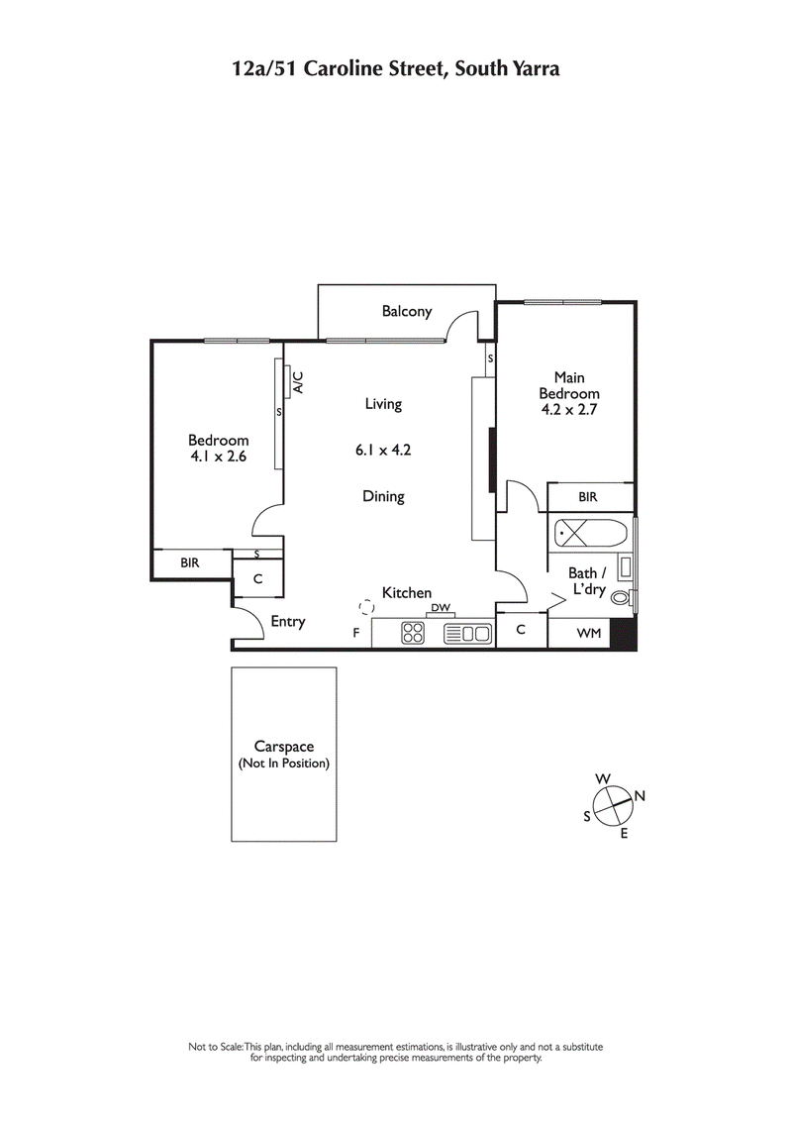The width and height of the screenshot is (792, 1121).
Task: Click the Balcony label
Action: point(407,312)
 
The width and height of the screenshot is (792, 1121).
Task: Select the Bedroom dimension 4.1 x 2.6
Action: point(219,457)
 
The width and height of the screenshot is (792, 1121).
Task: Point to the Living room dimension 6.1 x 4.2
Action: point(383,450)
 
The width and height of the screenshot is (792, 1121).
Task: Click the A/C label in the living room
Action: point(297,381)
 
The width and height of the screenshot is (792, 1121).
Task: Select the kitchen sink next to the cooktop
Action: point(468,633)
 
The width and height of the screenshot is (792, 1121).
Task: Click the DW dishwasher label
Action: point(441,608)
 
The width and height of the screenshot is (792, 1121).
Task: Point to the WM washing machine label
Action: point(588,632)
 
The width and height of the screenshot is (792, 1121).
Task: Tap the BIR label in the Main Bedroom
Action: point(587,497)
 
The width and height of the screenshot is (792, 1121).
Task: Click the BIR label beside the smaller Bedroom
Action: point(190,562)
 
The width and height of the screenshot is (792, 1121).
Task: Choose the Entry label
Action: point(288,622)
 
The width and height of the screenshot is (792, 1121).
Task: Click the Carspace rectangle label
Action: point(283,755)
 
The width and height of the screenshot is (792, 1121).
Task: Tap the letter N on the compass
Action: point(640,795)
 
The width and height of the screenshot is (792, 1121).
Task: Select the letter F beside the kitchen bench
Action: point(356,632)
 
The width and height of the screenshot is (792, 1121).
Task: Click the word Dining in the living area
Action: point(383,497)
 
